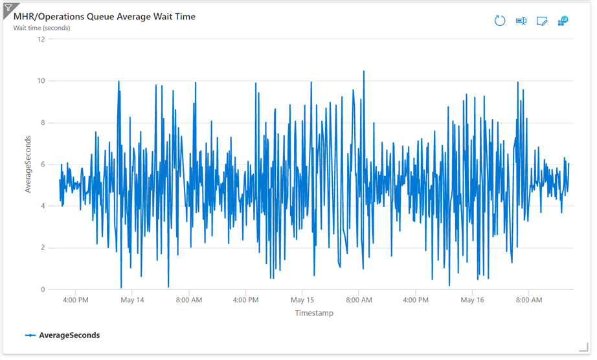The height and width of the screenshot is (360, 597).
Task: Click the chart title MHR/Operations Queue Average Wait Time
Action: click(104, 16)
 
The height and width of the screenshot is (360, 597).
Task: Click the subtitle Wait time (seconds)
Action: click(42, 28)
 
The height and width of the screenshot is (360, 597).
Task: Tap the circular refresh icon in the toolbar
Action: click(499, 21)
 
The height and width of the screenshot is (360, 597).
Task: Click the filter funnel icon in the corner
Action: click(8, 6)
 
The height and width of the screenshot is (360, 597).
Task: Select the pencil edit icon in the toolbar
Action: click(542, 21)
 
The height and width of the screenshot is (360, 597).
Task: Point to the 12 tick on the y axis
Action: click(41, 39)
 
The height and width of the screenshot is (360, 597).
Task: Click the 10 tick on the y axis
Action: click(41, 81)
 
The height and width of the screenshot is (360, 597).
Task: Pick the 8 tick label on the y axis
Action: click(43, 122)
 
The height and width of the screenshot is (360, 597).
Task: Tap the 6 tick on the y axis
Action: click(43, 164)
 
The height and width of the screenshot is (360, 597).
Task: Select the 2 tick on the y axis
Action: click(43, 248)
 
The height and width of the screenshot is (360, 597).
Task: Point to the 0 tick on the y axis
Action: click(43, 289)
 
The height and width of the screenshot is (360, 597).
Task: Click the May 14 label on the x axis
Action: click(132, 300)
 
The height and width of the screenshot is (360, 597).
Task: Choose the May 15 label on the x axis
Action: click(302, 300)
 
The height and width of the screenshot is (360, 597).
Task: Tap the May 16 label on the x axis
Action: click(472, 300)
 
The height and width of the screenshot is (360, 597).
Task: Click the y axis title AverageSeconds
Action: click(28, 164)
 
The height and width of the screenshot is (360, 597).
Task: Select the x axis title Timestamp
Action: click(314, 313)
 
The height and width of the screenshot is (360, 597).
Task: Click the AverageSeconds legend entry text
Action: click(69, 335)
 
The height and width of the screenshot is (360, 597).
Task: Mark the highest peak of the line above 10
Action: click(363, 71)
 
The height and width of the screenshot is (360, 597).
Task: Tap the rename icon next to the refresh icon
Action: click(521, 21)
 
